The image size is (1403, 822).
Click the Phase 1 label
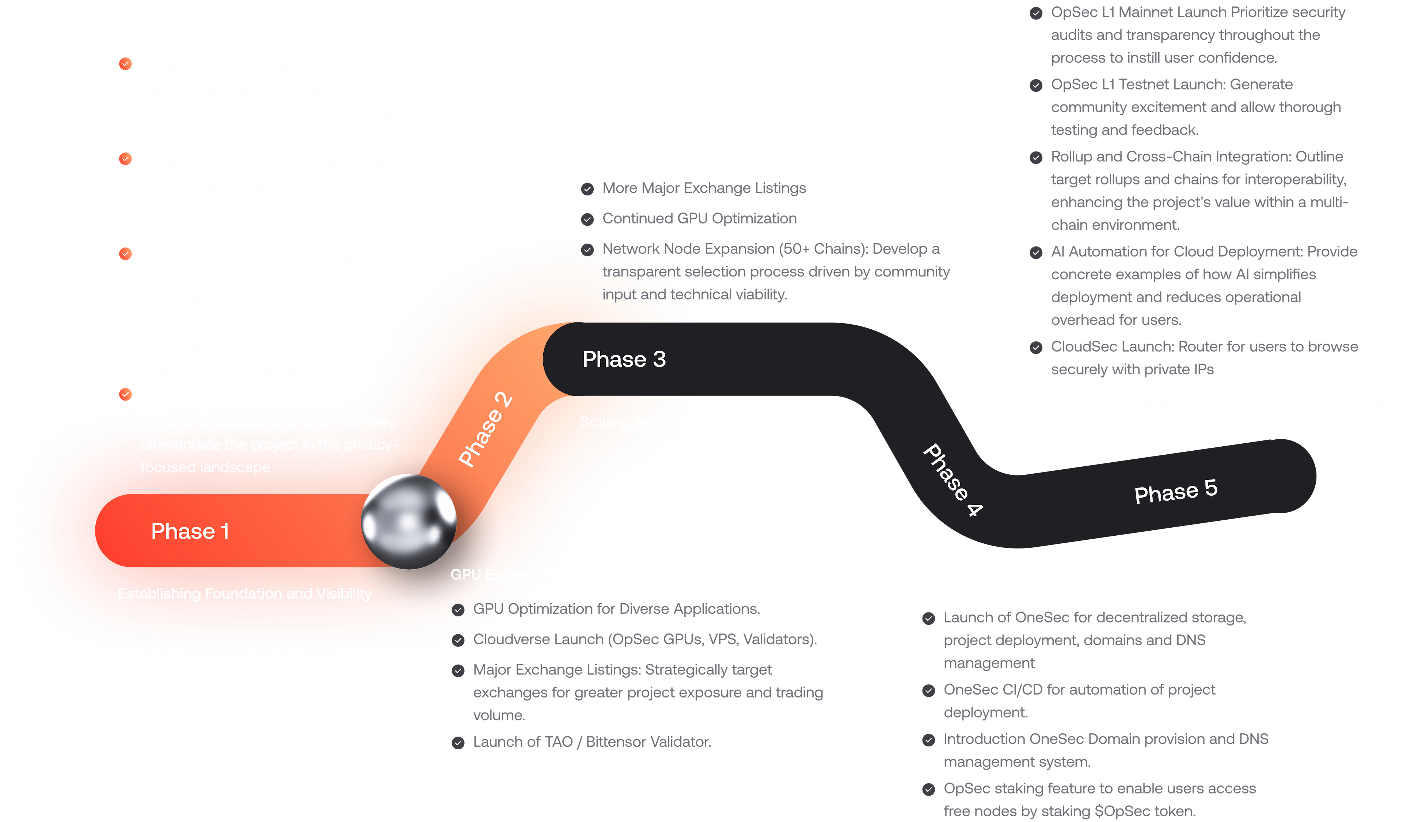click(190, 531)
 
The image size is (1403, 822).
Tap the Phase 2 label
click(485, 430)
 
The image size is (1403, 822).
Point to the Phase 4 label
click(953, 480)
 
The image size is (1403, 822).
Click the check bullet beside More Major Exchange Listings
click(588, 189)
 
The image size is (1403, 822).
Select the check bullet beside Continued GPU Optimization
click(588, 219)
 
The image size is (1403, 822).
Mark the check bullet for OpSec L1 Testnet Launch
click(1035, 85)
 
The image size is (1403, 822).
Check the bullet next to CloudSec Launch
click(1035, 348)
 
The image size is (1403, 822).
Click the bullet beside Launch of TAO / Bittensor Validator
click(458, 743)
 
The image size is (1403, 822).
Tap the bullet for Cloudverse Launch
click(458, 641)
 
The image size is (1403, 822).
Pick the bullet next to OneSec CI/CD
click(928, 691)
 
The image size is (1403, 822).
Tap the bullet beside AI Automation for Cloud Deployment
click(1035, 253)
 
